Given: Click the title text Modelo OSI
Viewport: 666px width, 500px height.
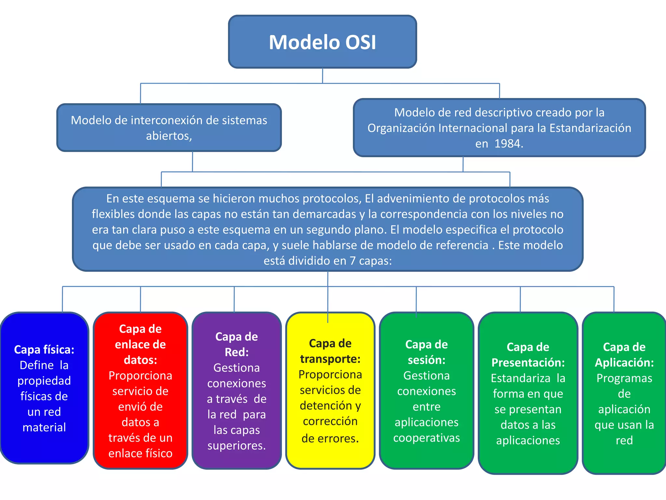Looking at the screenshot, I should pos(322,42).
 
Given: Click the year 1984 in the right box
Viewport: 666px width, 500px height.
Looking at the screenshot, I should pos(508,144).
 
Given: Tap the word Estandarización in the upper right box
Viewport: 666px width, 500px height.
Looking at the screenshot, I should pos(590,128).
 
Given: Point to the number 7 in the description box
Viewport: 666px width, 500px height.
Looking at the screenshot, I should pos(353,261).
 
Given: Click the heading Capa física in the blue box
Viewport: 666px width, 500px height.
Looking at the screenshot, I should pos(44,350).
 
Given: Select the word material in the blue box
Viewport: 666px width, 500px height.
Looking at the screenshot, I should pos(44,427).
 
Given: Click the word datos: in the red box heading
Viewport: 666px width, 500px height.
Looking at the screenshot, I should pos(140,360).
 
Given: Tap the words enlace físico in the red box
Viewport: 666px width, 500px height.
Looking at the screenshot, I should pos(140,453).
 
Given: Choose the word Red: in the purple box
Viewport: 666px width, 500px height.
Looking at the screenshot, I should pos(236,352).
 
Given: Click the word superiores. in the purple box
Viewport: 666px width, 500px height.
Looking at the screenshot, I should pos(236,446).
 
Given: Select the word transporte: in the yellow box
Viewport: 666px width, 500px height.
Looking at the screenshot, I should pos(330,359).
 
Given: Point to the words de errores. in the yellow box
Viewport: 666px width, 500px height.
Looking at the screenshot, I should pos(330,438).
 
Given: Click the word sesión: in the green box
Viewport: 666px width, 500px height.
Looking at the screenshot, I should pos(426,360).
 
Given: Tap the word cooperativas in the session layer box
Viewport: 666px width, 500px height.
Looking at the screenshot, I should pos(426,438).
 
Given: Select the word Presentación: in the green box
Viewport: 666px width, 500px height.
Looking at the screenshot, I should pos(528,363).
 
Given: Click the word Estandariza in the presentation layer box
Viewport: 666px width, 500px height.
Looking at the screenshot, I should pos(520,378).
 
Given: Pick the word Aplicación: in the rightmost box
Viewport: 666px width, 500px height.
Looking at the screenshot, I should pos(624,363).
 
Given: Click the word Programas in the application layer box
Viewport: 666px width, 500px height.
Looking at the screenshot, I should pos(624,378).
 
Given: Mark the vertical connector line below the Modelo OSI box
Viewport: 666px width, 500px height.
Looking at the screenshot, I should pos(322,76).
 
